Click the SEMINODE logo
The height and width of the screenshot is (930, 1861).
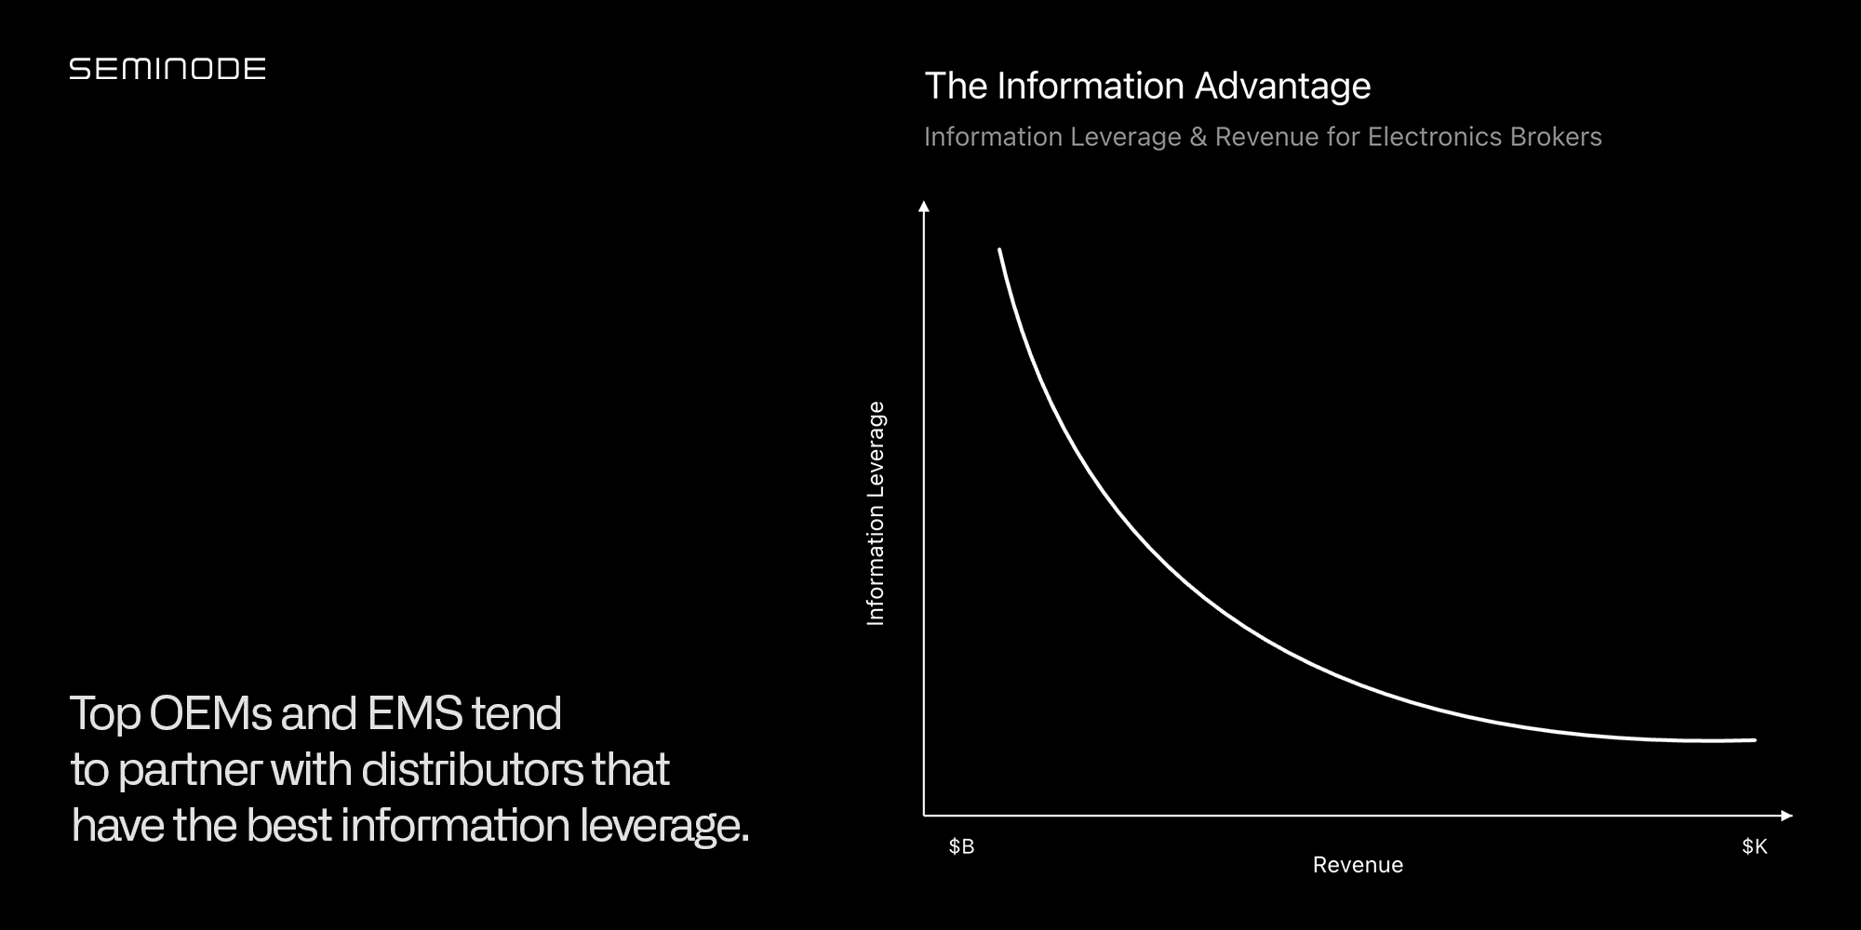(x=167, y=69)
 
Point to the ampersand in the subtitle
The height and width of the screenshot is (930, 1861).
(x=1198, y=137)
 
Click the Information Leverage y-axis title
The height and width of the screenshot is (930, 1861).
(x=876, y=513)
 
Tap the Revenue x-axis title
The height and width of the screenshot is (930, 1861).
(x=1358, y=865)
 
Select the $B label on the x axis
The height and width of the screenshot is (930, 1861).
(x=961, y=846)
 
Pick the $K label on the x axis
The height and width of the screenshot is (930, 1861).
(x=1754, y=846)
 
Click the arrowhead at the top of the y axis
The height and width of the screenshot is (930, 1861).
(x=924, y=206)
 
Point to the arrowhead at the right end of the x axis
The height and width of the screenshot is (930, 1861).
(x=1787, y=816)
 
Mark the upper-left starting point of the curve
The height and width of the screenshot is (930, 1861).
(x=999, y=250)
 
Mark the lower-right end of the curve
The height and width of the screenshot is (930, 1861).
(x=1754, y=740)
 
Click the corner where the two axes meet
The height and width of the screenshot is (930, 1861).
(x=924, y=816)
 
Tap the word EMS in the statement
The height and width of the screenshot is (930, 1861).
(x=414, y=714)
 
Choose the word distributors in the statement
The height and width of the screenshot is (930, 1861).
(x=472, y=770)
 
